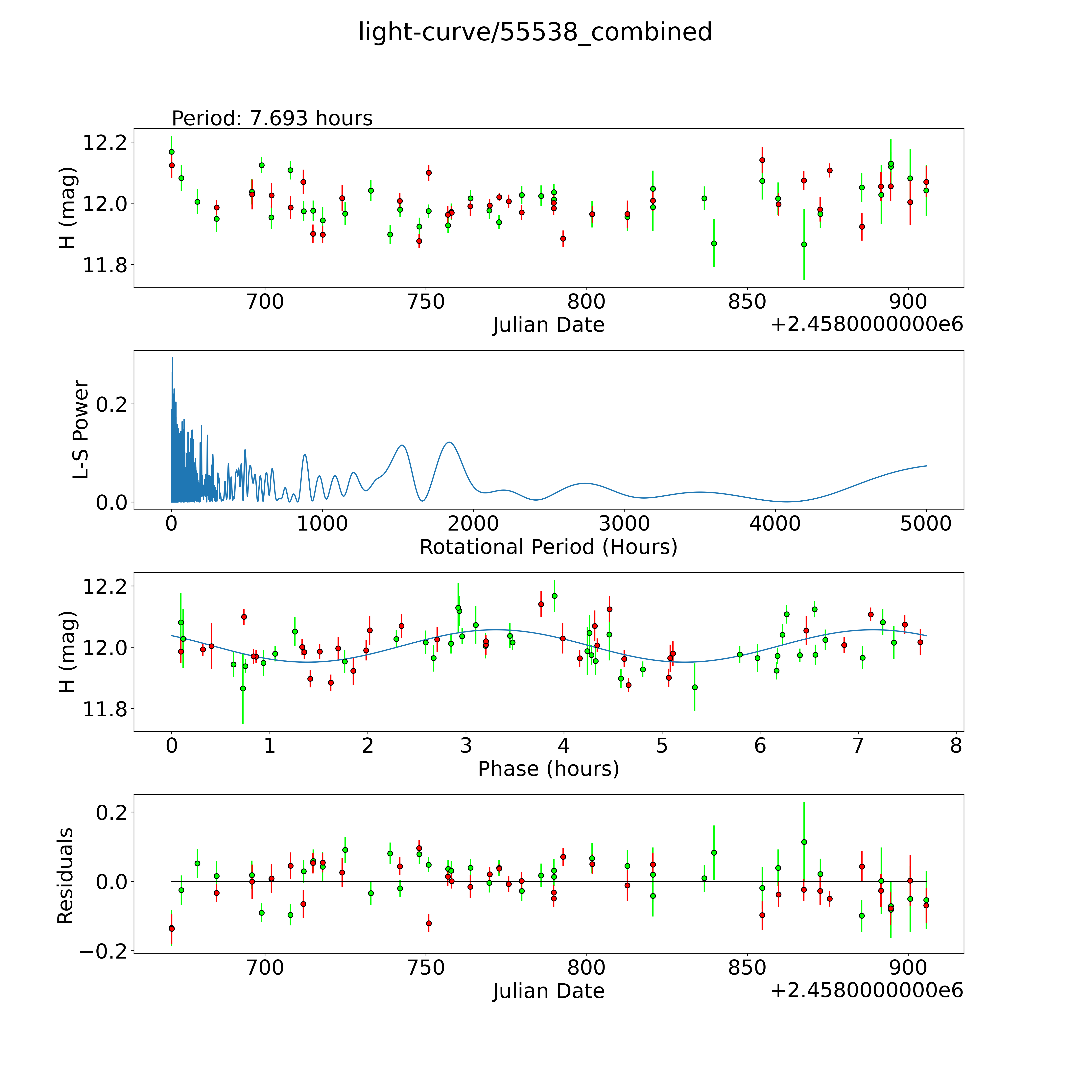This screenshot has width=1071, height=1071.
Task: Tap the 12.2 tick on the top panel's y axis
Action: pos(104,142)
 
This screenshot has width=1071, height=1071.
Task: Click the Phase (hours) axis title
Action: pos(548,769)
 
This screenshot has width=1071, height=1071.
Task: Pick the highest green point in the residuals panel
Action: pos(804,842)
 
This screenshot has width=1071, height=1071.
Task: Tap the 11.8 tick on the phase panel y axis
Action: pos(104,709)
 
